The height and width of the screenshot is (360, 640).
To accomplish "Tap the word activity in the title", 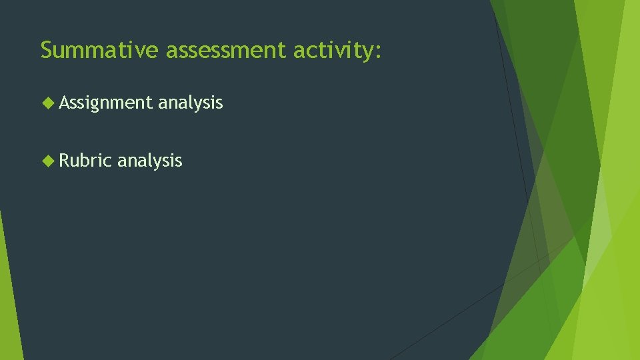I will pos(333,51).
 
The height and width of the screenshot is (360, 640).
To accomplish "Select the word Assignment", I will pos(106,103).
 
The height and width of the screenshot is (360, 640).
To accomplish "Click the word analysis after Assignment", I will pos(190,103).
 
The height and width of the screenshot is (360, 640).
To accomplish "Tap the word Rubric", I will pos(85,161).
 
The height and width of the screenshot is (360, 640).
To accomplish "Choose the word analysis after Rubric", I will pos(149,161).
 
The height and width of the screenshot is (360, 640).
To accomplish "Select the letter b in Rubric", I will pos(86,161).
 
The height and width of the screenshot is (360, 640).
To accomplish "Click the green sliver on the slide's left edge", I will pos(8,293).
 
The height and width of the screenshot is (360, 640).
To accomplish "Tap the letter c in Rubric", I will pos(107,162).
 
